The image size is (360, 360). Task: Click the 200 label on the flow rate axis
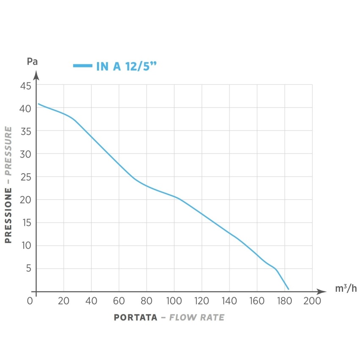(312, 302)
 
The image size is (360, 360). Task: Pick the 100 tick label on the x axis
(174, 302)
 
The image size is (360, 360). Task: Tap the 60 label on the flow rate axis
(119, 302)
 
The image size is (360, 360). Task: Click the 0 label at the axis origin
(30, 302)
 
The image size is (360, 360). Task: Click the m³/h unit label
(346, 289)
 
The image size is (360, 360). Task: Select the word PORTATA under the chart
(136, 318)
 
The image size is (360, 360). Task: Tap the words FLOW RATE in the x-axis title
(197, 318)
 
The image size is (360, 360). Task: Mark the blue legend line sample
(82, 66)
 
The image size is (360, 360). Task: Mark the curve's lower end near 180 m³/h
(288, 289)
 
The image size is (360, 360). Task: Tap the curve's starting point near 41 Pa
(39, 104)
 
